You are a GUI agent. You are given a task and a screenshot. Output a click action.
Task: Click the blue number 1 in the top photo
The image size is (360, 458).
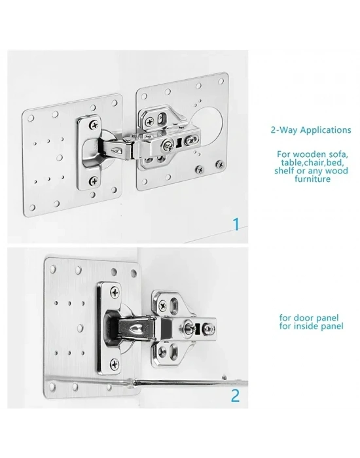[236, 224]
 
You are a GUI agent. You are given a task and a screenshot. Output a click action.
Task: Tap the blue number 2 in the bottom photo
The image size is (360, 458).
[236, 396]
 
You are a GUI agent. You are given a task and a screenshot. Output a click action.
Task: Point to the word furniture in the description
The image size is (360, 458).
[312, 179]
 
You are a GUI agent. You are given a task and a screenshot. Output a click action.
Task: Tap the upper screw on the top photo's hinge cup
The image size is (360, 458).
[95, 126]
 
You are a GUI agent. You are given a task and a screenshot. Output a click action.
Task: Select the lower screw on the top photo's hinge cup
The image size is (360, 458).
[94, 182]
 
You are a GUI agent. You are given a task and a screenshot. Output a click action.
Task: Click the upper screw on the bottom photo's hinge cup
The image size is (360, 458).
[115, 292]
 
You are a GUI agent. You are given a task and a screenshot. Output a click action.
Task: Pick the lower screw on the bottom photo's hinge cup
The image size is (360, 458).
[115, 364]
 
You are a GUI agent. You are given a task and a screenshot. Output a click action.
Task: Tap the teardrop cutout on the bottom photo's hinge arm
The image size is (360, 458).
[135, 329]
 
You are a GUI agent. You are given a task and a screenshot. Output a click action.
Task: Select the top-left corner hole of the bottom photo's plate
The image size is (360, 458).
[53, 268]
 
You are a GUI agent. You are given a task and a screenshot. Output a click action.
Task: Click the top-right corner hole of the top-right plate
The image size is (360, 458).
[221, 81]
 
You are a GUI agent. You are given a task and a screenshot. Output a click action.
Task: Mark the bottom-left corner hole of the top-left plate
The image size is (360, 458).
[32, 207]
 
